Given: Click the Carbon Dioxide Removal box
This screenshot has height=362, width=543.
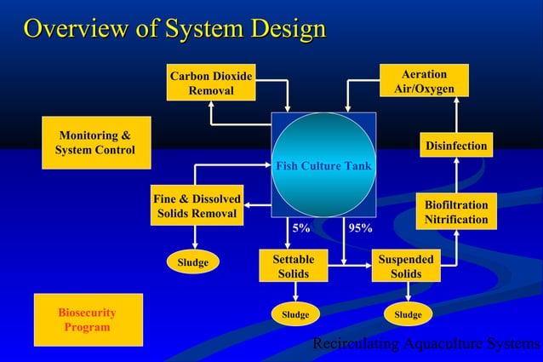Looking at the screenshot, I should pos(211,83).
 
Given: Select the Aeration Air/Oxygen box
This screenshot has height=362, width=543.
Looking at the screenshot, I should pos(424,83).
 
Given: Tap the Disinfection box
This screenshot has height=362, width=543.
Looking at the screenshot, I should pos(457,146).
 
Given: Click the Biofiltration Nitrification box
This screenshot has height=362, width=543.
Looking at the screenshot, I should pos(457,212).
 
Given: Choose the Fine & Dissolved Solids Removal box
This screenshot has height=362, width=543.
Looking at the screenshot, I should pos(197,206).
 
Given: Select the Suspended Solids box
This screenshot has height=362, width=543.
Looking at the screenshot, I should pos(406,266).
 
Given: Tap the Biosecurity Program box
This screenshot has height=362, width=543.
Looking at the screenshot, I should pos(87,319).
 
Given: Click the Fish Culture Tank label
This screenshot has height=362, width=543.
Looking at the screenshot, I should pos(323,165).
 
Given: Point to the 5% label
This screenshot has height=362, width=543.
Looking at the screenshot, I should pos(301,228).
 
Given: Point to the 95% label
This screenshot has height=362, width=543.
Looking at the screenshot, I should pos(359,228).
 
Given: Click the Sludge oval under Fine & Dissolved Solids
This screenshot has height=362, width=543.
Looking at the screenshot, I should pos(193,262).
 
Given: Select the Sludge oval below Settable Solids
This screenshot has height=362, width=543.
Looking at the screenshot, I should pos(295,314).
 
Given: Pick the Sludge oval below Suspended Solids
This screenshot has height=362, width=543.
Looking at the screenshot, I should pos(408,314).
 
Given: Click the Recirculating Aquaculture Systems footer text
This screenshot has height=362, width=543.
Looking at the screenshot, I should pos(426,344).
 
